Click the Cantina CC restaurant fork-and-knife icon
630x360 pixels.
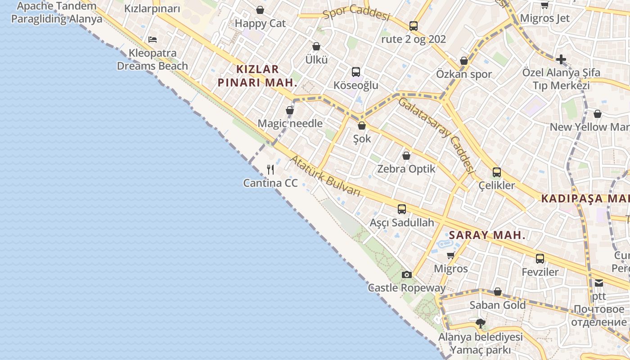click(x=270, y=170)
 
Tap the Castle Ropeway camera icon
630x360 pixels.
click(x=406, y=274)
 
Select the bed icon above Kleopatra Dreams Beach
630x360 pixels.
click(x=153, y=40)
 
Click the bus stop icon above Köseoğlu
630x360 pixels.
click(x=355, y=72)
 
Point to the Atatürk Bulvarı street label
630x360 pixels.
click(x=325, y=175)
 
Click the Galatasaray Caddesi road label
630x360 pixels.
click(x=436, y=134)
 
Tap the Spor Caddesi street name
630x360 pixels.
click(x=356, y=13)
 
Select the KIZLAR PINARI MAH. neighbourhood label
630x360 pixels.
click(x=257, y=76)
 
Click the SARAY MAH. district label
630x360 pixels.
click(x=487, y=235)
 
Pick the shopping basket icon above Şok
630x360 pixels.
click(x=361, y=126)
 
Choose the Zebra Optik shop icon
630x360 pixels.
click(x=406, y=156)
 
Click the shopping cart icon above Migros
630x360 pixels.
click(x=450, y=256)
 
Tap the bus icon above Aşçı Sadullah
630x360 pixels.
click(x=401, y=209)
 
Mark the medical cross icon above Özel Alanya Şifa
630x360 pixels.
click(x=561, y=59)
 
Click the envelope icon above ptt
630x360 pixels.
click(x=599, y=283)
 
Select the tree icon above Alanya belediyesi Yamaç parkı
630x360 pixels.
click(x=481, y=323)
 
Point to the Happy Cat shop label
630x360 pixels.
click(x=260, y=23)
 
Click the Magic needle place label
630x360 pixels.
click(x=290, y=123)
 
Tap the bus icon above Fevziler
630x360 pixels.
click(x=540, y=259)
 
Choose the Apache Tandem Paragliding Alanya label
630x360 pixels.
click(x=57, y=13)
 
